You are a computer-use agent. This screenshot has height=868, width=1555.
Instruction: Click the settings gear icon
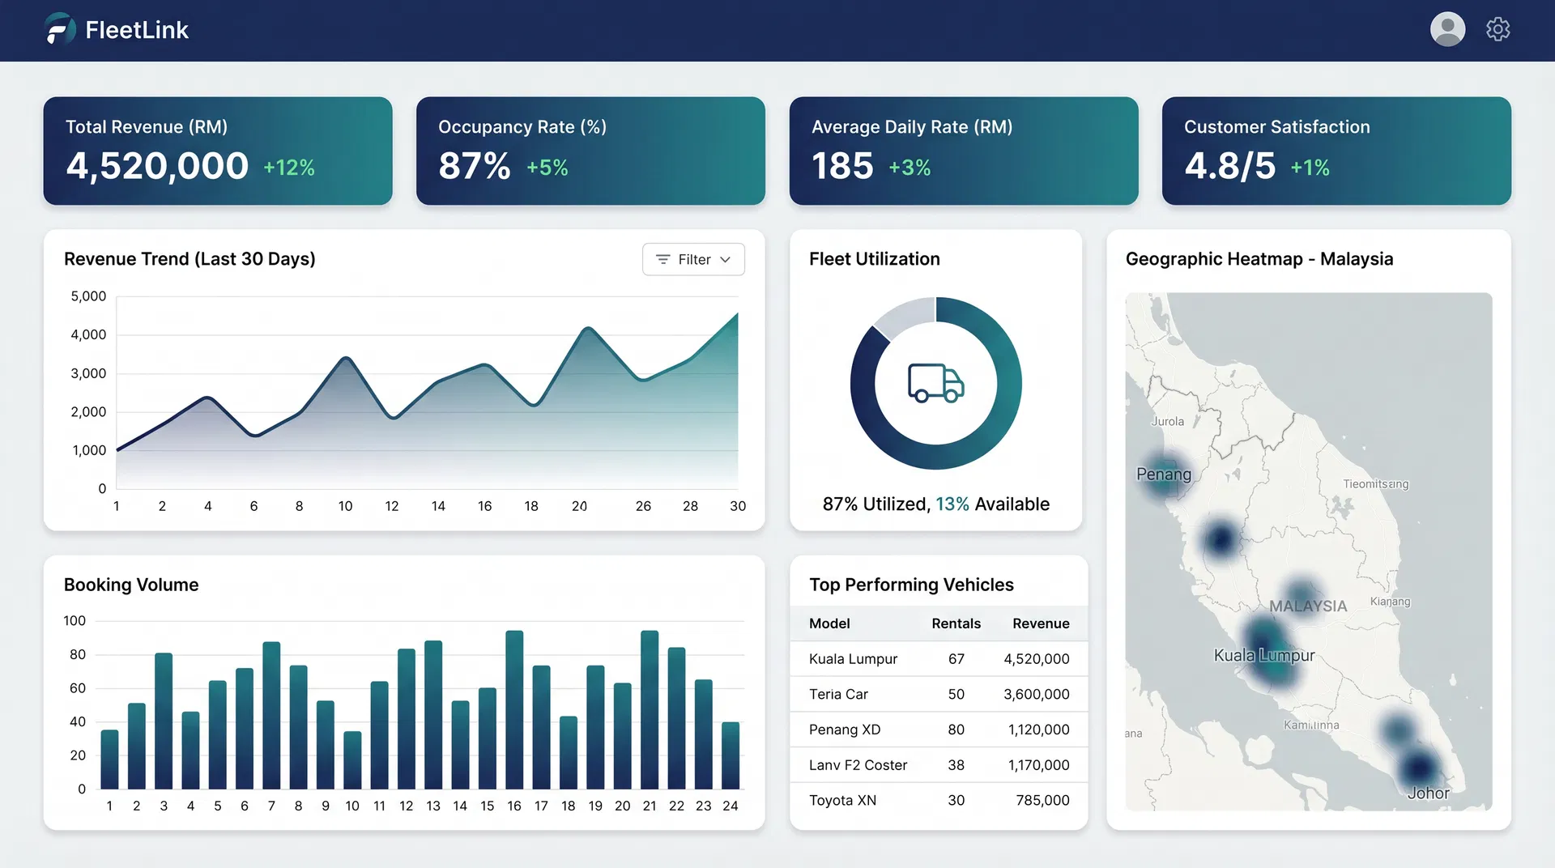pyautogui.click(x=1497, y=29)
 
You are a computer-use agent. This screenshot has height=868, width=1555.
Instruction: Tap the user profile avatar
pyautogui.click(x=1447, y=29)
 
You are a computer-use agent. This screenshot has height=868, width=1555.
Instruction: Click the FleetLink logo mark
pyautogui.click(x=60, y=29)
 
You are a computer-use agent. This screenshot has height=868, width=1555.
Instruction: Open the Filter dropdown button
pyautogui.click(x=693, y=259)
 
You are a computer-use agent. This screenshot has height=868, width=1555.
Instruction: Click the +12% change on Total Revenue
pyautogui.click(x=289, y=168)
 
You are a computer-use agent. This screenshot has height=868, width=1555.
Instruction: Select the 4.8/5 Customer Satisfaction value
pyautogui.click(x=1229, y=166)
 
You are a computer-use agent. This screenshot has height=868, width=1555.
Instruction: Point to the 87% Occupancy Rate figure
pyautogui.click(x=475, y=166)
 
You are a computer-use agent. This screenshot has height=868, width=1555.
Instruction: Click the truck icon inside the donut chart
pyautogui.click(x=935, y=383)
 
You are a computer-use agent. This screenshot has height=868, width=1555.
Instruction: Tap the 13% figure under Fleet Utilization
pyautogui.click(x=952, y=504)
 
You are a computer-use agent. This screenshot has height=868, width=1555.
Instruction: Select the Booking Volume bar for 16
pyautogui.click(x=514, y=709)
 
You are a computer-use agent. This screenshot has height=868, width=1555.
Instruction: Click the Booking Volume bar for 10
pyautogui.click(x=352, y=759)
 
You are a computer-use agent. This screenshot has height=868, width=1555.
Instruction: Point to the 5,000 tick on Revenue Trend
pyautogui.click(x=88, y=296)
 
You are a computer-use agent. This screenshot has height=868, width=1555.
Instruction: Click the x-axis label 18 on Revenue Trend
pyautogui.click(x=531, y=506)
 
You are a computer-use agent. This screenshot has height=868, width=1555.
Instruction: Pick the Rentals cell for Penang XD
pyautogui.click(x=956, y=730)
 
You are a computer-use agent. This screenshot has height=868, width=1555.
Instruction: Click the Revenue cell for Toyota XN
pyautogui.click(x=1042, y=800)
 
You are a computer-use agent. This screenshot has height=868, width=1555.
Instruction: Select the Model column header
pyautogui.click(x=829, y=623)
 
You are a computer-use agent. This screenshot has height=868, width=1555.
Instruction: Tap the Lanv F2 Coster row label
pyautogui.click(x=858, y=765)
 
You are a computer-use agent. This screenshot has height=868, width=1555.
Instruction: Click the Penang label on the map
pyautogui.click(x=1164, y=474)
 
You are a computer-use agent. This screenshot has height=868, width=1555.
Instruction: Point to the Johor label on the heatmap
pyautogui.click(x=1428, y=794)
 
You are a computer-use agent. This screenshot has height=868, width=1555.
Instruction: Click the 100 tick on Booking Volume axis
pyautogui.click(x=75, y=621)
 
